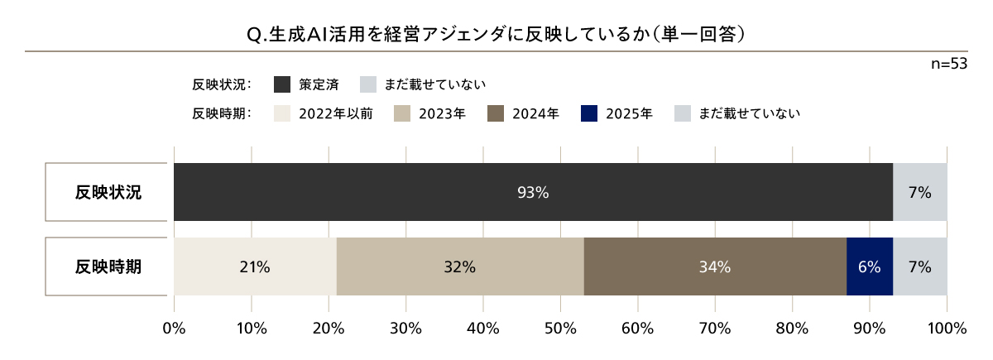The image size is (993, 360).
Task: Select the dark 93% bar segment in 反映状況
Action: click(x=533, y=192)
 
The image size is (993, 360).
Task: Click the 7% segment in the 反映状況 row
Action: click(x=919, y=192)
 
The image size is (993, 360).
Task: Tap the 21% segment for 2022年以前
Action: click(x=255, y=266)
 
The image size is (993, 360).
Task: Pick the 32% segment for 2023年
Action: click(x=459, y=266)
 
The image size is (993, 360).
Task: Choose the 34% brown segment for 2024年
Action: click(x=714, y=266)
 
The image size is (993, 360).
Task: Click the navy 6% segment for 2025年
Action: click(x=870, y=266)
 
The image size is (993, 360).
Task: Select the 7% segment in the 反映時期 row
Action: click(x=919, y=266)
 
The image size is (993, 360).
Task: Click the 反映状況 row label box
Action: click(x=108, y=192)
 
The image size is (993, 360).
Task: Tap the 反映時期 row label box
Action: click(x=108, y=266)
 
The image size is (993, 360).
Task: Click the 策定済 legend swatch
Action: click(x=282, y=84)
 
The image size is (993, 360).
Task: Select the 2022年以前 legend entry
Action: click(x=323, y=113)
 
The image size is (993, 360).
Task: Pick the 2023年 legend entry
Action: click(x=429, y=113)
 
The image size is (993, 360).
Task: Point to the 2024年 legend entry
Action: click(x=523, y=113)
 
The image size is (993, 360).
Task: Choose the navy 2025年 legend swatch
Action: click(x=590, y=113)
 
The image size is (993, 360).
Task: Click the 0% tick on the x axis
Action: click(x=174, y=328)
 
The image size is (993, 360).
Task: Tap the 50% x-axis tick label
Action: click(x=560, y=328)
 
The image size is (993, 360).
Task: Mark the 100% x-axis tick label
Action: click(x=947, y=328)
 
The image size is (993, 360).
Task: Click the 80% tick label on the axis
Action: click(x=792, y=328)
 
